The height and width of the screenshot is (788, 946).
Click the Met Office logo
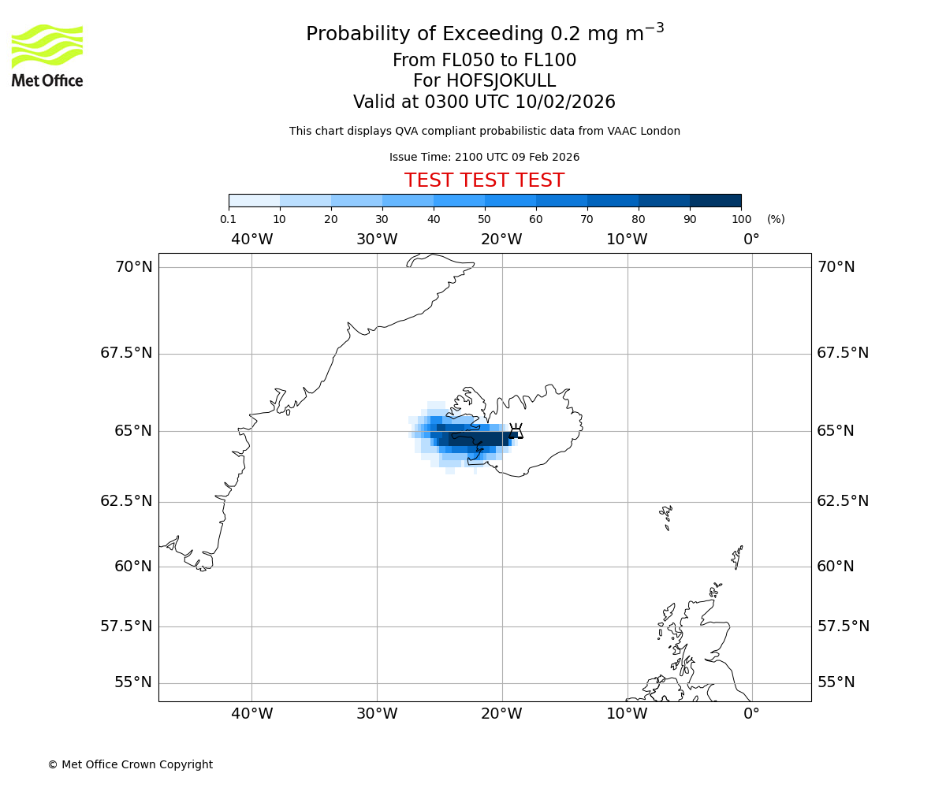click(47, 55)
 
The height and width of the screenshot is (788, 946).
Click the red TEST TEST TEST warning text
click(484, 180)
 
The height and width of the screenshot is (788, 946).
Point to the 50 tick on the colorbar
click(484, 219)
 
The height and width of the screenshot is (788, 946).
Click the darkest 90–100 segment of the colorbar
click(715, 200)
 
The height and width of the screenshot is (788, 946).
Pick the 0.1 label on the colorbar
click(228, 219)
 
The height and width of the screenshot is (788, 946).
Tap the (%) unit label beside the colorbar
click(776, 219)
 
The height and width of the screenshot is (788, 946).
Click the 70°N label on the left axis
click(134, 267)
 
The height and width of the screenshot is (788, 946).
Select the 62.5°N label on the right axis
click(843, 501)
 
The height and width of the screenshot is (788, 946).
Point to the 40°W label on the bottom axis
click(251, 714)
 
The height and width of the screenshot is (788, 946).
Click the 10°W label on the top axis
click(627, 239)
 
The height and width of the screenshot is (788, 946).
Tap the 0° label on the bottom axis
click(751, 714)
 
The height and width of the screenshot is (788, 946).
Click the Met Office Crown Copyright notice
click(130, 764)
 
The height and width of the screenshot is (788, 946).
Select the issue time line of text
click(484, 157)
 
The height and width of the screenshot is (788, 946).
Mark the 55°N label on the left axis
click(134, 682)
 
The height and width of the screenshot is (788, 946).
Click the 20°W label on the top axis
click(501, 239)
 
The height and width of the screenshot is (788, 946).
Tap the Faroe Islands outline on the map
click(666, 516)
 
